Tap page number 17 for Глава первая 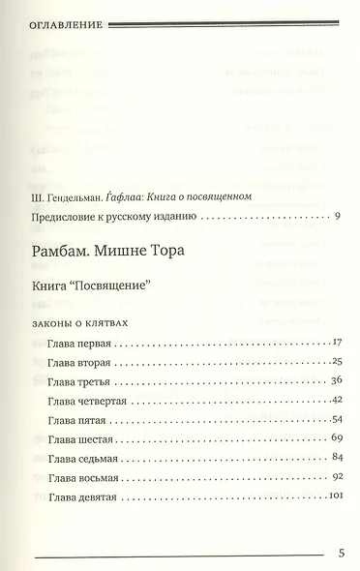338,344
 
